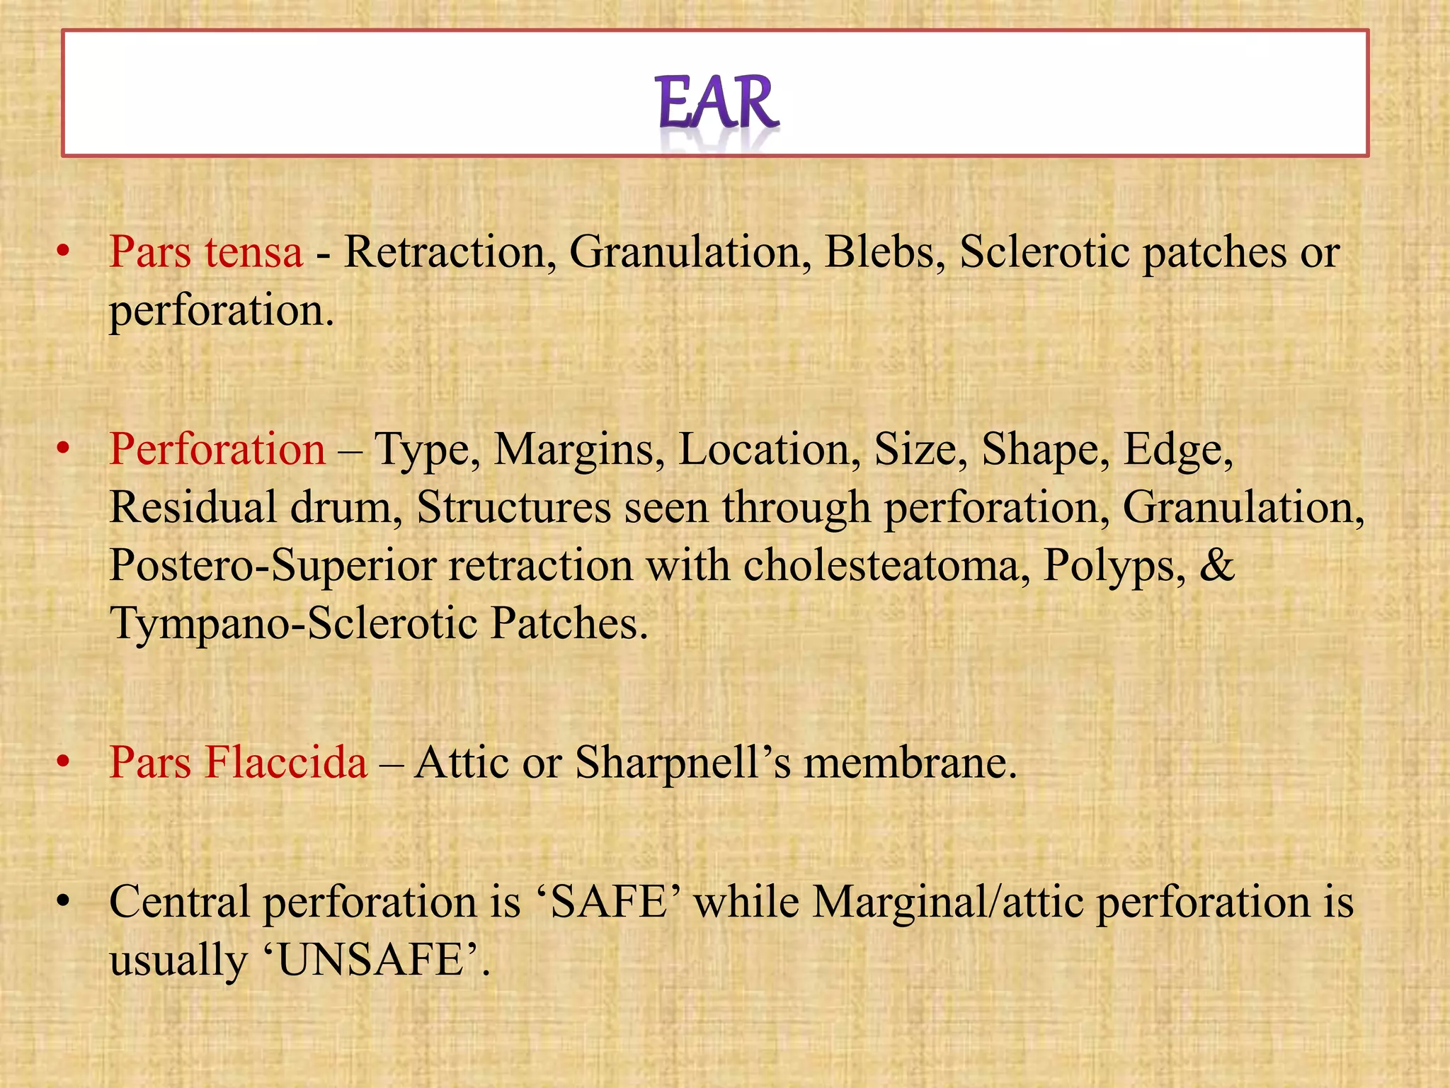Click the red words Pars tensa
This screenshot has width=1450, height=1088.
pos(206,252)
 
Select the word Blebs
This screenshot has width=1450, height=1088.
pos(885,252)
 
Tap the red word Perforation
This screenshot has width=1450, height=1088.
pos(217,449)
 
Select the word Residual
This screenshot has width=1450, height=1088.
pos(193,507)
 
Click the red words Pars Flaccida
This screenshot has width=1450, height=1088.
pos(238,762)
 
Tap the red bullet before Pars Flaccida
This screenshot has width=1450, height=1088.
pos(64,762)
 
